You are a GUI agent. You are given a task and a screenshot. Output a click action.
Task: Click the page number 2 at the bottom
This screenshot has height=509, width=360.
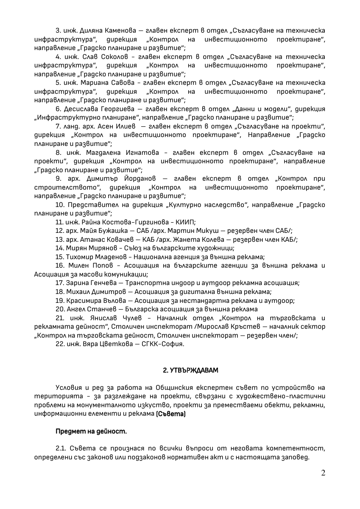point(323,473)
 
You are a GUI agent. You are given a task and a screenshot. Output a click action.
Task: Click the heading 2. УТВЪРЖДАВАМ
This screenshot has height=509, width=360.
point(191,370)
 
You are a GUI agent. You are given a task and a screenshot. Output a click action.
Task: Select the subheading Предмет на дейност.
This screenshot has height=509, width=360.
point(91,431)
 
